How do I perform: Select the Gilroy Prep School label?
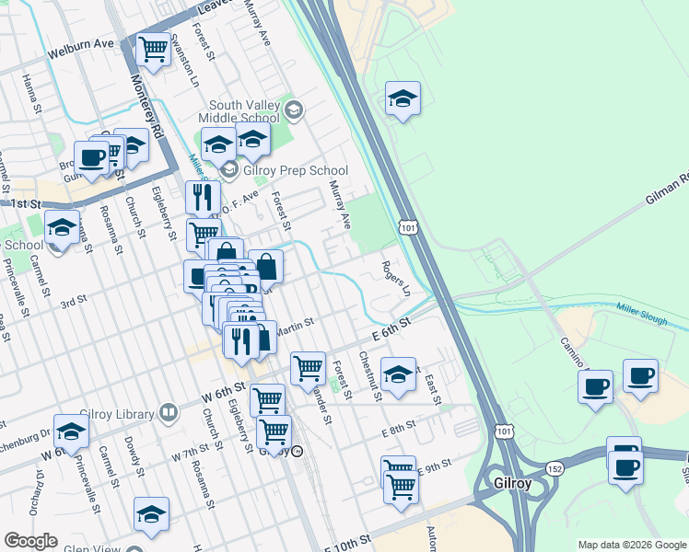tap(295, 170)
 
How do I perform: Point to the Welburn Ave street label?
tap(82, 43)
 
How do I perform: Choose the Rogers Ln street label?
tap(396, 278)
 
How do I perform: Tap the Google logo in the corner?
tap(31, 541)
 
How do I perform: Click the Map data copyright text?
tap(631, 545)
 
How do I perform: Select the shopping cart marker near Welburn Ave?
tap(153, 49)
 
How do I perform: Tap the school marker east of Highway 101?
tap(403, 98)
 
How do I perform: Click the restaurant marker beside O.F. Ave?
tap(202, 197)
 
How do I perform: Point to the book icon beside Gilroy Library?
tap(168, 412)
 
